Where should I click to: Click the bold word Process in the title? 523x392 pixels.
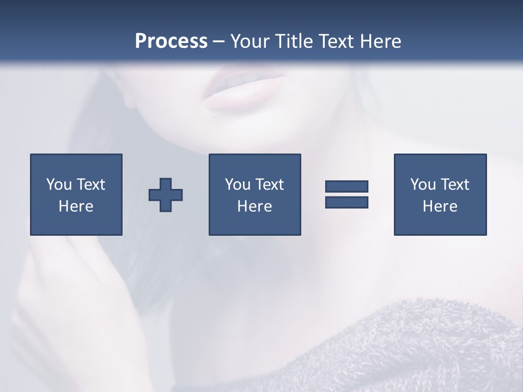(x=171, y=41)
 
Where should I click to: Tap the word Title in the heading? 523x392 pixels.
(x=294, y=41)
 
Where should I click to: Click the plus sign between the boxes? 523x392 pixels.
(x=166, y=195)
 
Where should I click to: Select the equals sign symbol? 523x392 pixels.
(x=346, y=194)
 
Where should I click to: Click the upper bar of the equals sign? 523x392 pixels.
(x=346, y=187)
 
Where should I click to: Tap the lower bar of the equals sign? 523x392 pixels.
(x=346, y=202)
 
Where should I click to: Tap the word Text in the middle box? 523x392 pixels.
(x=270, y=185)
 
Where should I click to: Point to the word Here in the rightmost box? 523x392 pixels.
(x=440, y=206)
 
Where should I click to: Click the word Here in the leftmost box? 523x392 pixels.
(x=76, y=206)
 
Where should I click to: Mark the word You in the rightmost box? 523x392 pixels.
(x=423, y=185)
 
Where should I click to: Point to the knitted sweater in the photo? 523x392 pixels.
(x=414, y=348)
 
